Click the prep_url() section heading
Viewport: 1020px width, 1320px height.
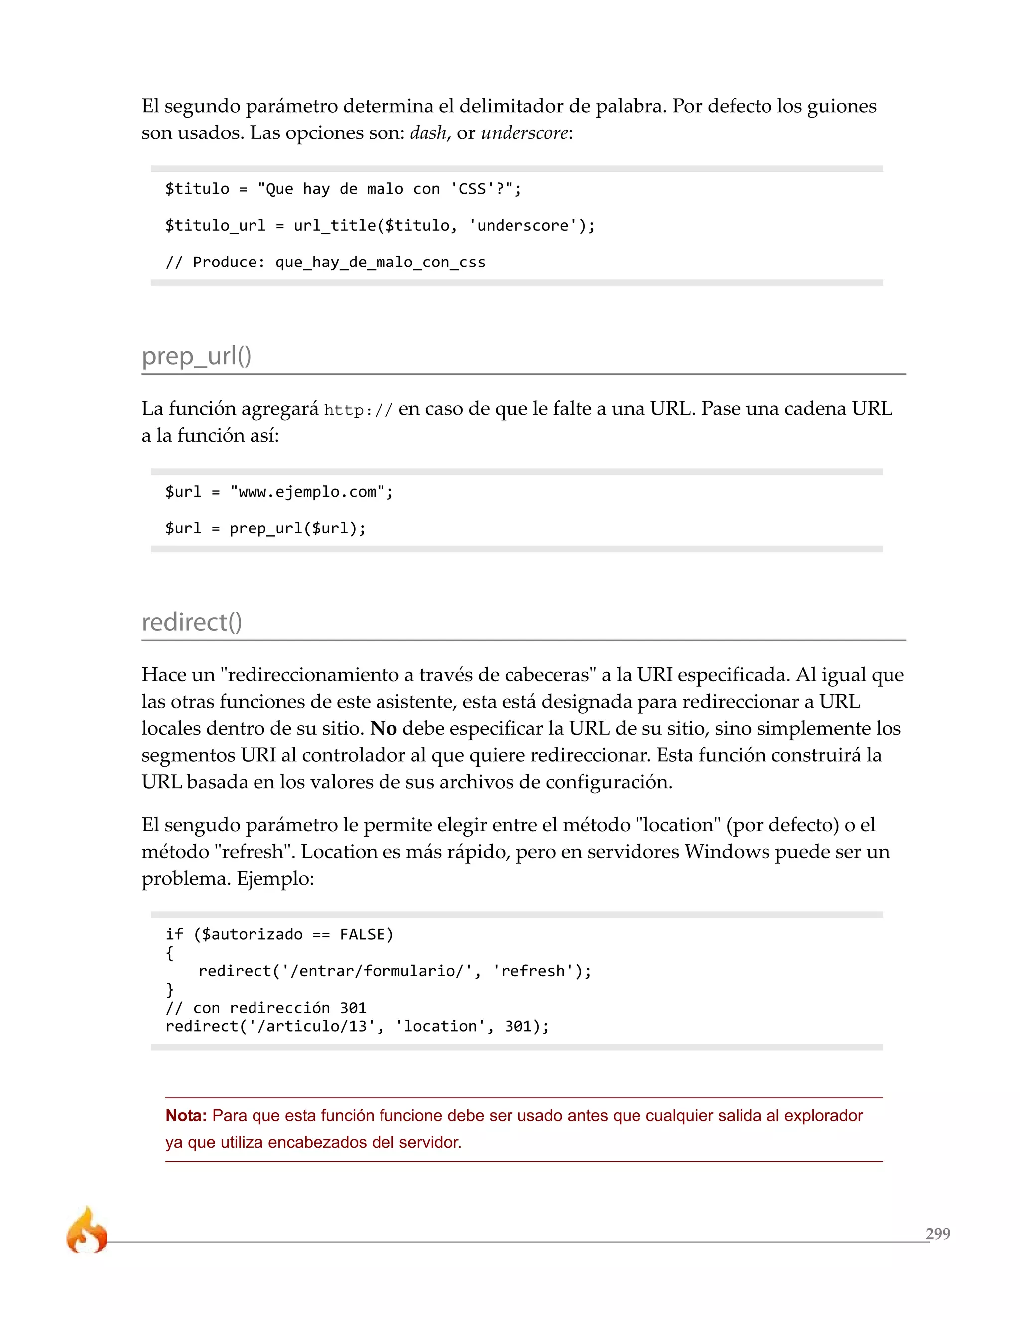pyautogui.click(x=196, y=356)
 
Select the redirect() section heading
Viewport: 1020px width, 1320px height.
pyautogui.click(x=192, y=622)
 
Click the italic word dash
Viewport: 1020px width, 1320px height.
pyautogui.click(x=428, y=132)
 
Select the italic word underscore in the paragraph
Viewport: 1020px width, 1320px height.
pyautogui.click(x=524, y=132)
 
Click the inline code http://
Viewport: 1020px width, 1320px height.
pyautogui.click(x=358, y=410)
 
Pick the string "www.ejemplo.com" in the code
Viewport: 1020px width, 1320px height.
pyautogui.click(x=307, y=492)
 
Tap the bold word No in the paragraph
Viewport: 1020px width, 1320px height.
pyautogui.click(x=383, y=728)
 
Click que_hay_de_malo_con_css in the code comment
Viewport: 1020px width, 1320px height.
pyautogui.click(x=380, y=263)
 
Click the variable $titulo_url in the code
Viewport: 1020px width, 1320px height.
pyautogui.click(x=215, y=226)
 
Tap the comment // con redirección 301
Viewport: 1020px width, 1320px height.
pyautogui.click(x=266, y=1008)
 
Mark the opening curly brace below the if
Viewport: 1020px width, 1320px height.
pyautogui.click(x=170, y=953)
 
